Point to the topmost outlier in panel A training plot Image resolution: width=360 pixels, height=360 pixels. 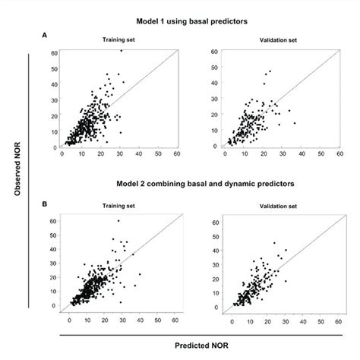[x=121, y=50]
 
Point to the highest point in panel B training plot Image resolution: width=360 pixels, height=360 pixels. [x=118, y=221]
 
